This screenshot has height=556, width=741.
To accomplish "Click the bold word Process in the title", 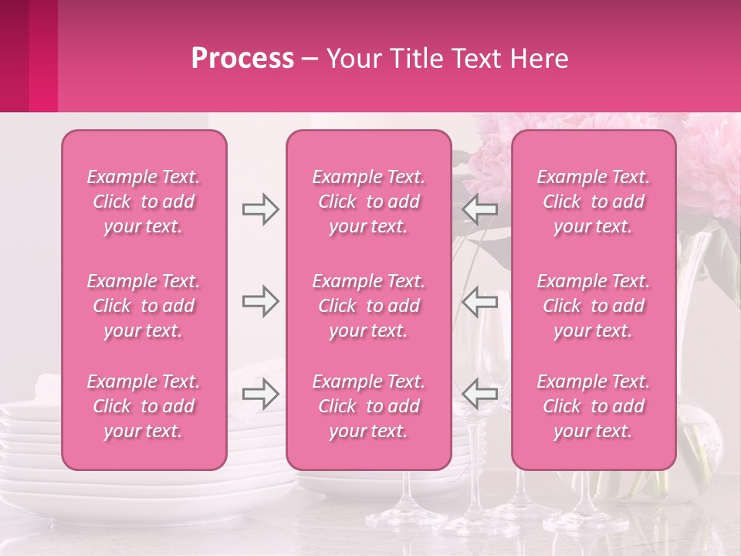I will coord(242,59).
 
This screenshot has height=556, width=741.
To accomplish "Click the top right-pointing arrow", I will coord(260,209).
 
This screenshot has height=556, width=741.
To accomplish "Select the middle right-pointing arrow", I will coord(260,302).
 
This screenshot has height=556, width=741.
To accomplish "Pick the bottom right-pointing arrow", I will coord(260,395).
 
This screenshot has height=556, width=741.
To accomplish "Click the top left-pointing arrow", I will coord(479,209).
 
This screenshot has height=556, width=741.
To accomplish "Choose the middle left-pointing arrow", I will coord(479,302).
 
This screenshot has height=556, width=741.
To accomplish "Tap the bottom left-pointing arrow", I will coord(479,395).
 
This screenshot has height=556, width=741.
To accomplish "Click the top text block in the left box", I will coord(144,202).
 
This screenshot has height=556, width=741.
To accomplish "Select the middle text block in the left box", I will coord(144,306).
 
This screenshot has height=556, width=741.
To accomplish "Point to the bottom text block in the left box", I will coord(144,406).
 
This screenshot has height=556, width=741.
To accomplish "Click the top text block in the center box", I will coord(368,202).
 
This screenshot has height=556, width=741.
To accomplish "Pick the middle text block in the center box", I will coord(368,306).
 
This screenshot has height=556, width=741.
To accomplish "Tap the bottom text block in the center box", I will coord(368,406).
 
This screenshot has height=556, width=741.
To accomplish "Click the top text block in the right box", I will coord(594,202).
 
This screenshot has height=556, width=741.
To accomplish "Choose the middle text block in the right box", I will coord(594,306).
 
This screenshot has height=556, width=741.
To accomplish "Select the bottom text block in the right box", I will coord(594,406).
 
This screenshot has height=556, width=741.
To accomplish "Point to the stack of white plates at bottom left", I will coord(31,456).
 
